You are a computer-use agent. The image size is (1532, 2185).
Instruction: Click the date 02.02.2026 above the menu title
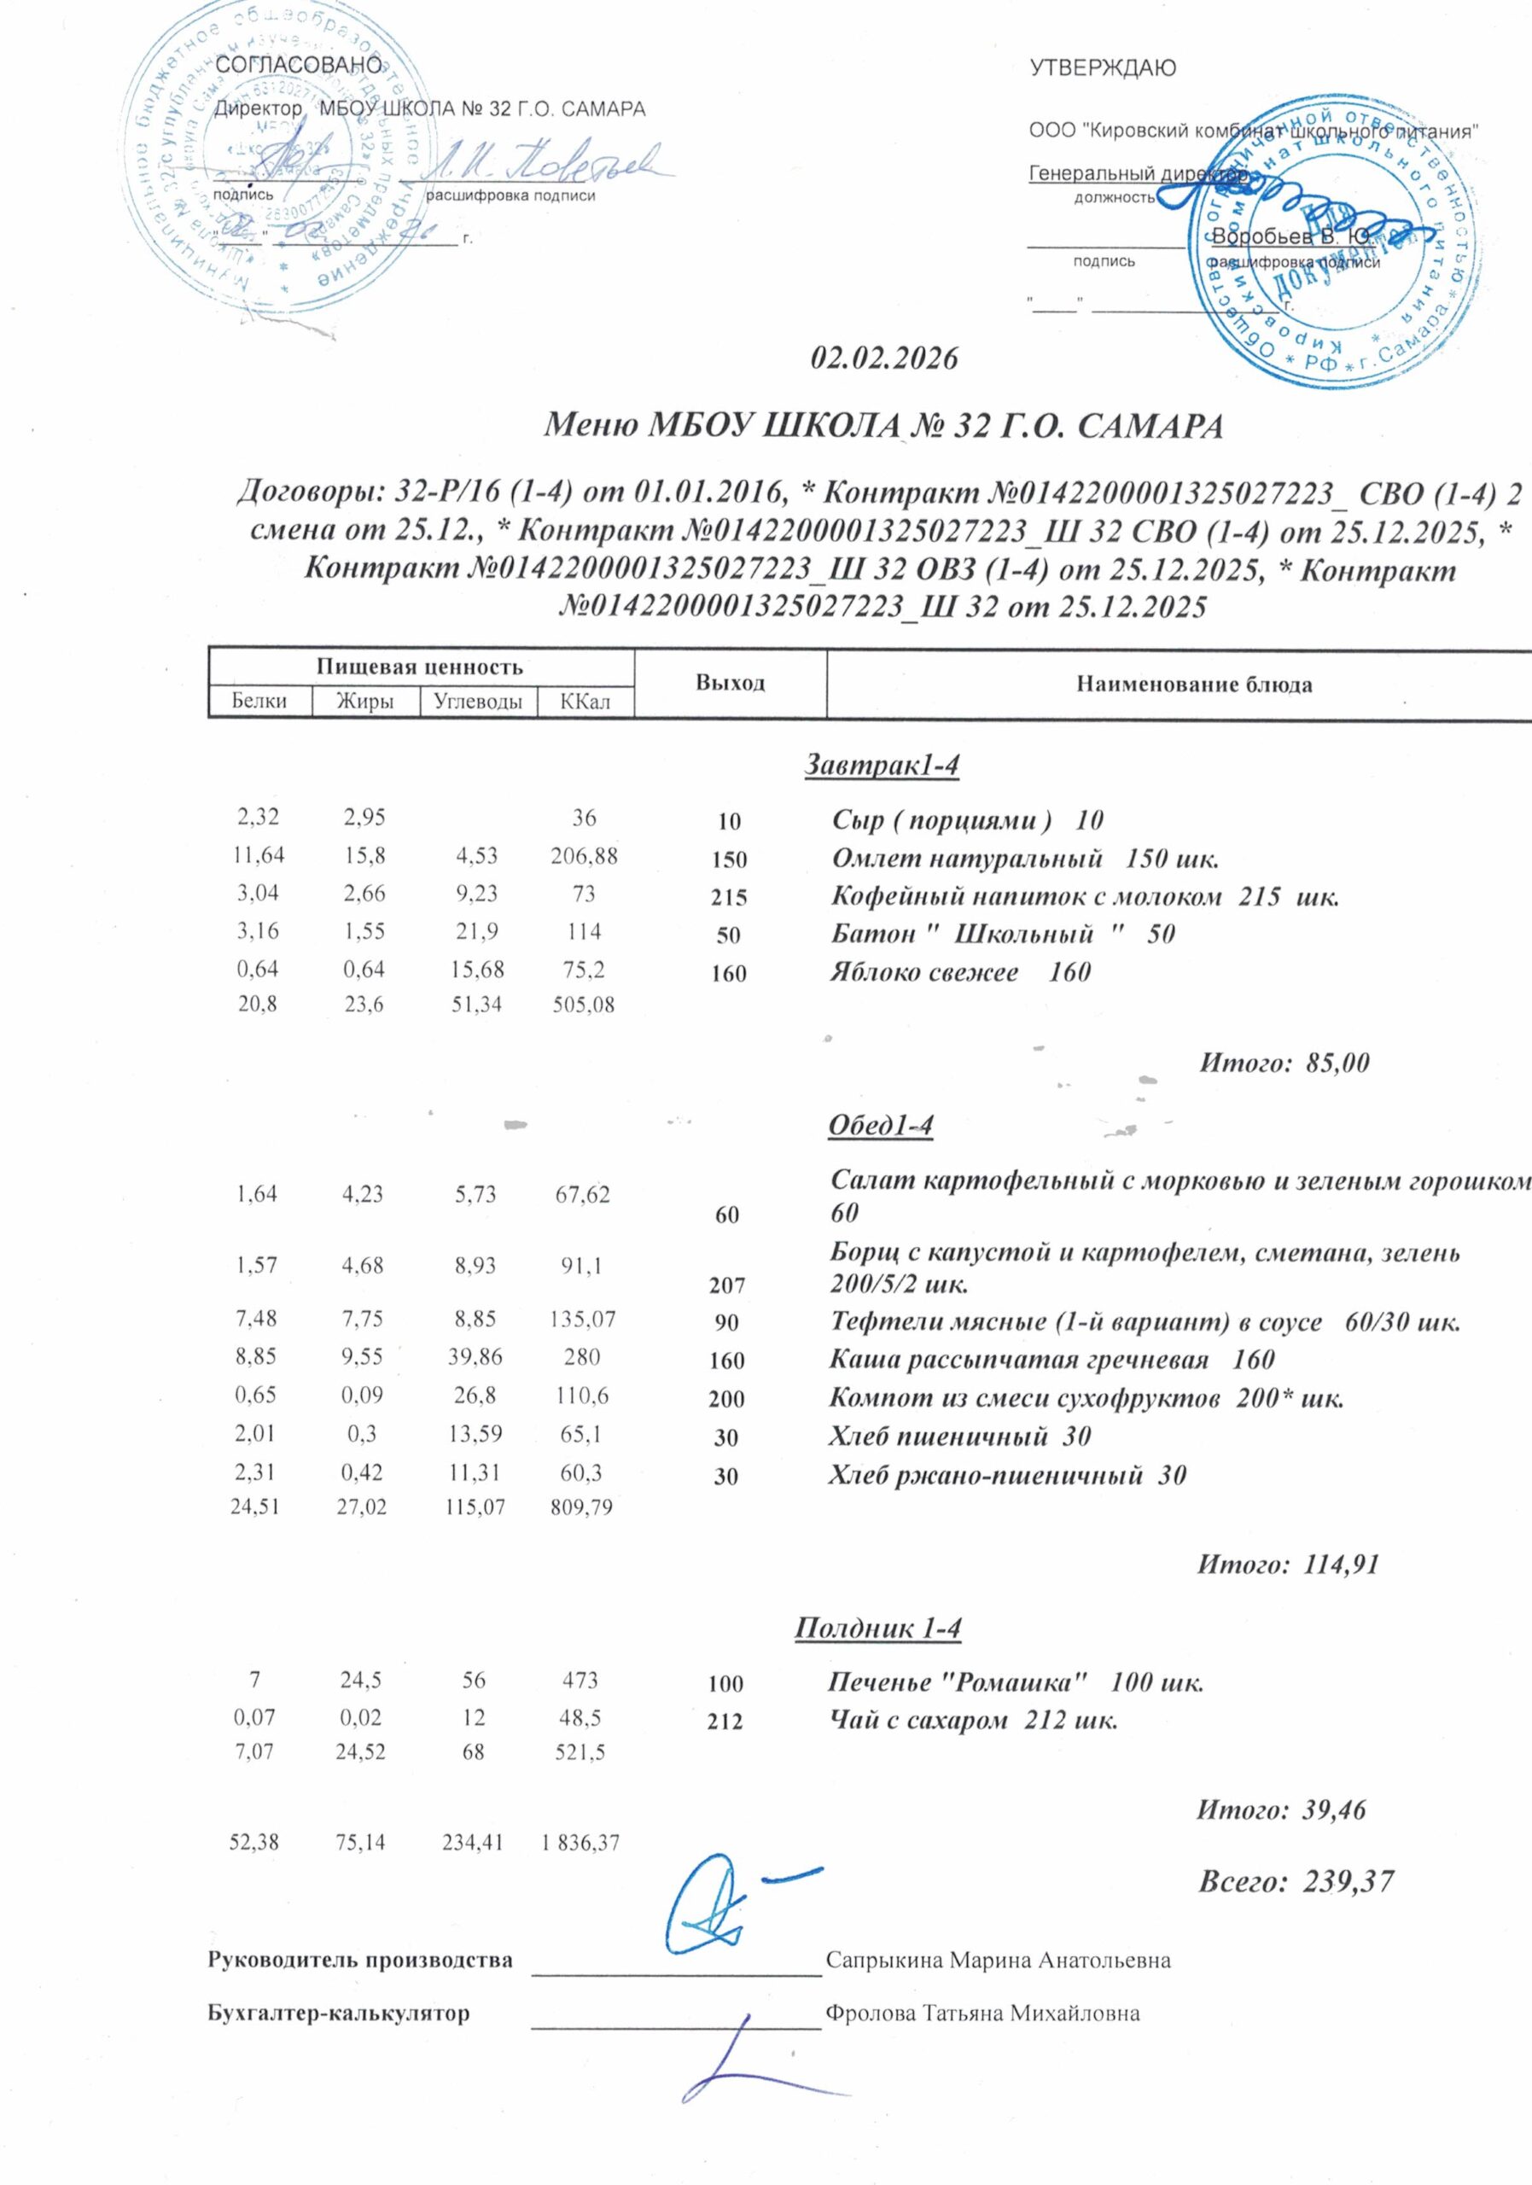coord(884,359)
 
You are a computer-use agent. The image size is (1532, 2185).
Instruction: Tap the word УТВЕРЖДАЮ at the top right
coord(1103,67)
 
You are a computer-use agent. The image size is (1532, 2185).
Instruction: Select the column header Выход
coord(730,684)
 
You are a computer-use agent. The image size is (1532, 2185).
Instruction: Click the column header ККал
coord(585,702)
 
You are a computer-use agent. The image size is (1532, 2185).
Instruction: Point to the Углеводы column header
coord(478,702)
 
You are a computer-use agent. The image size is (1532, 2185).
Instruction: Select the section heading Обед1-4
coord(881,1125)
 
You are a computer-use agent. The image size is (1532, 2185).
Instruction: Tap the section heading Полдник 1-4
coord(877,1629)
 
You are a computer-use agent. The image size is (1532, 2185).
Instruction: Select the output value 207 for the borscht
coord(727,1285)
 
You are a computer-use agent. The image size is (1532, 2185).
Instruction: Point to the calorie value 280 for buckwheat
coord(581,1358)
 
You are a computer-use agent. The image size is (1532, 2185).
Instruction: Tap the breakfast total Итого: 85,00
coord(1284,1063)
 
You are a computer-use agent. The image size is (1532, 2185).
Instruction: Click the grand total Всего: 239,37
coord(1295,1879)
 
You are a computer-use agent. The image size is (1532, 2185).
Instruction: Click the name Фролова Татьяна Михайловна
coord(983,2013)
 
